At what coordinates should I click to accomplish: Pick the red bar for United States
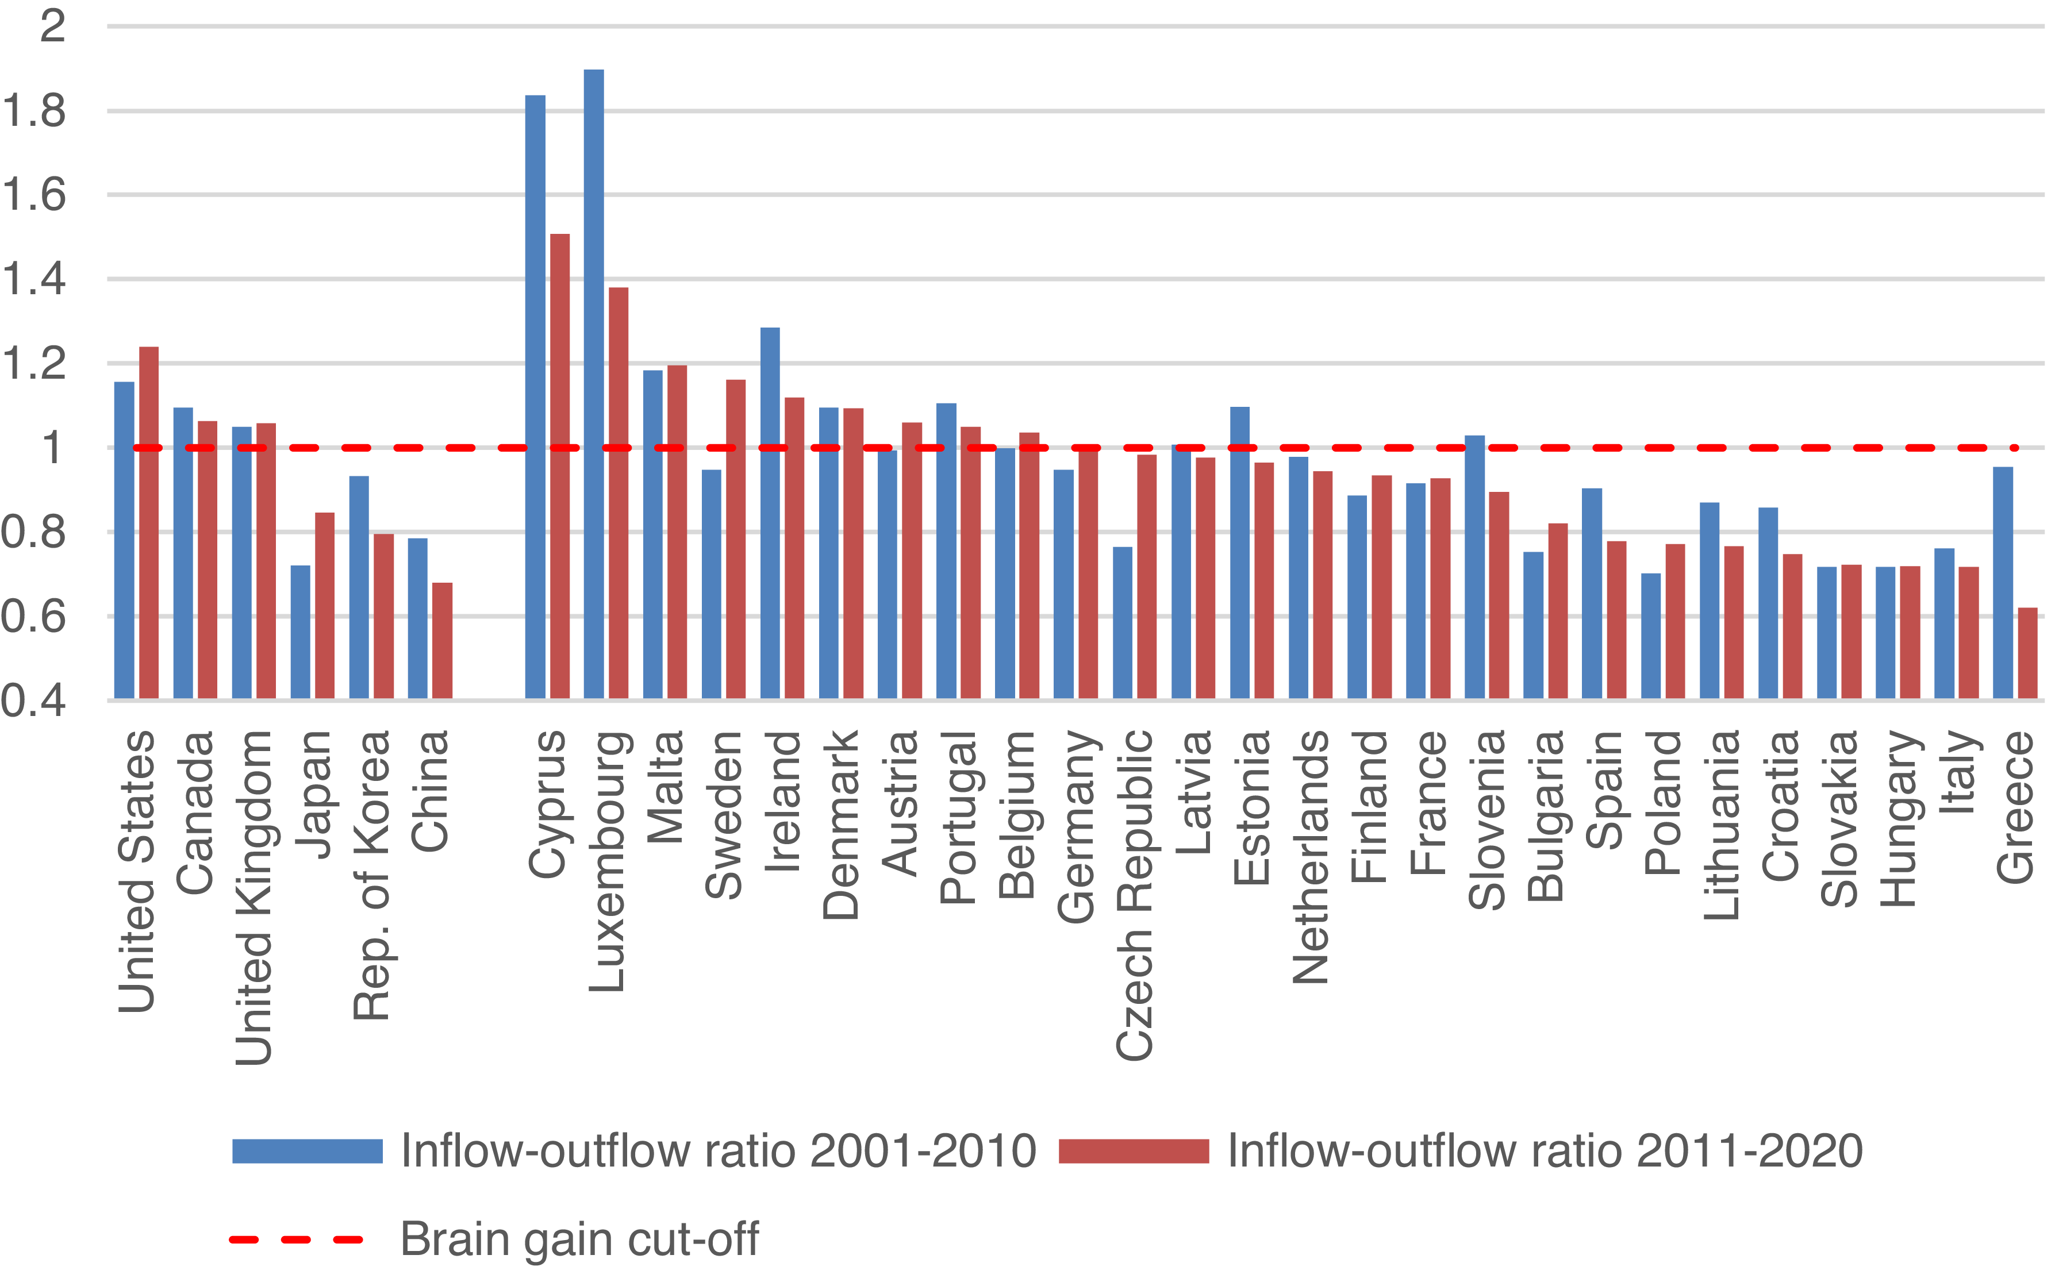[x=149, y=522]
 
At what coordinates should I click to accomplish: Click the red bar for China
[x=442, y=641]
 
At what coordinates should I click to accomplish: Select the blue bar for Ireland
[x=770, y=513]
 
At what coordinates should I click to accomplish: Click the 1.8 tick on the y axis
[x=34, y=111]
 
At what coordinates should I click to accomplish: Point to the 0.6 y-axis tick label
[x=34, y=616]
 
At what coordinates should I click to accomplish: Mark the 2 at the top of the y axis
[x=52, y=26]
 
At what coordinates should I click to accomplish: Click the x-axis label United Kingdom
[x=253, y=898]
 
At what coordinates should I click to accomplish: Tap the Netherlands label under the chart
[x=1310, y=857]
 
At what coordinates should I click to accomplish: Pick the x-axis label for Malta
[x=664, y=787]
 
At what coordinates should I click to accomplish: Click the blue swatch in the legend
[x=308, y=1151]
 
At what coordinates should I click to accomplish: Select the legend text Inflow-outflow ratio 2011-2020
[x=1545, y=1151]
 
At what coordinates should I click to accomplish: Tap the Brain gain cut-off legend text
[x=580, y=1239]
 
